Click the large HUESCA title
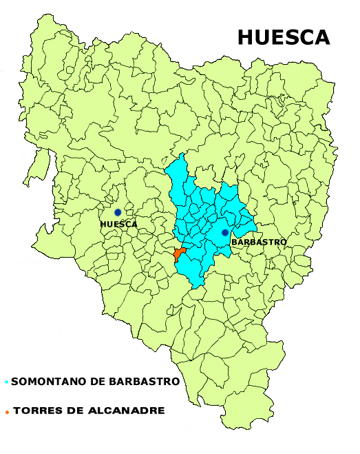(284, 37)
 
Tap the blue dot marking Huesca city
(118, 213)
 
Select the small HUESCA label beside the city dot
(118, 225)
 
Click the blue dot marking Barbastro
(225, 233)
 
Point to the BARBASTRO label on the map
(258, 243)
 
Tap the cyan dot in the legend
(6, 382)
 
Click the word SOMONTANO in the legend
(44, 382)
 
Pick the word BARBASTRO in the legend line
(147, 382)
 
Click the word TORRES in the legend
(34, 411)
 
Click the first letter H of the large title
(245, 37)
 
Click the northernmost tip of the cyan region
(182, 154)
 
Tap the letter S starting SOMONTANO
(14, 382)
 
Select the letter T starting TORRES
(17, 411)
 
